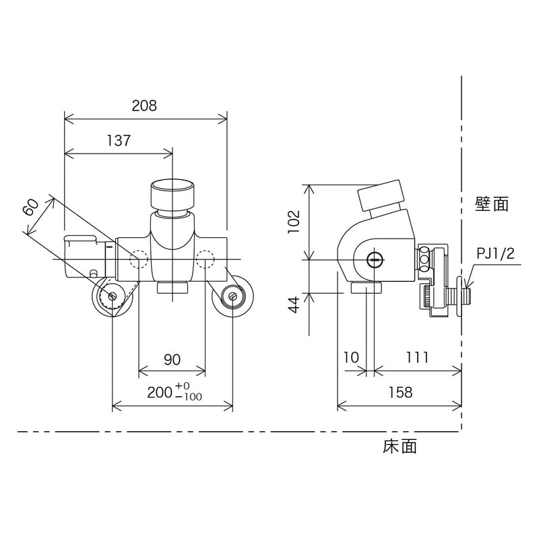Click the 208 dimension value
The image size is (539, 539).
144,106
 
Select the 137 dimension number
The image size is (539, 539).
118,141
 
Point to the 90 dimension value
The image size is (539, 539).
172,360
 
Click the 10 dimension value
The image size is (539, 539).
350,358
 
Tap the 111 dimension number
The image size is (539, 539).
417,358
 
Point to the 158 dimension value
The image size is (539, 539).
400,393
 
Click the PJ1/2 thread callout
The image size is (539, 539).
495,253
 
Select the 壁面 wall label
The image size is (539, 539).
492,204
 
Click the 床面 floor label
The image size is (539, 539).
400,446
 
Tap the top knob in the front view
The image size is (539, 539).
173,194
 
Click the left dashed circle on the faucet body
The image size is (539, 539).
139,259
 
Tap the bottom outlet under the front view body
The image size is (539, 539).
173,289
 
